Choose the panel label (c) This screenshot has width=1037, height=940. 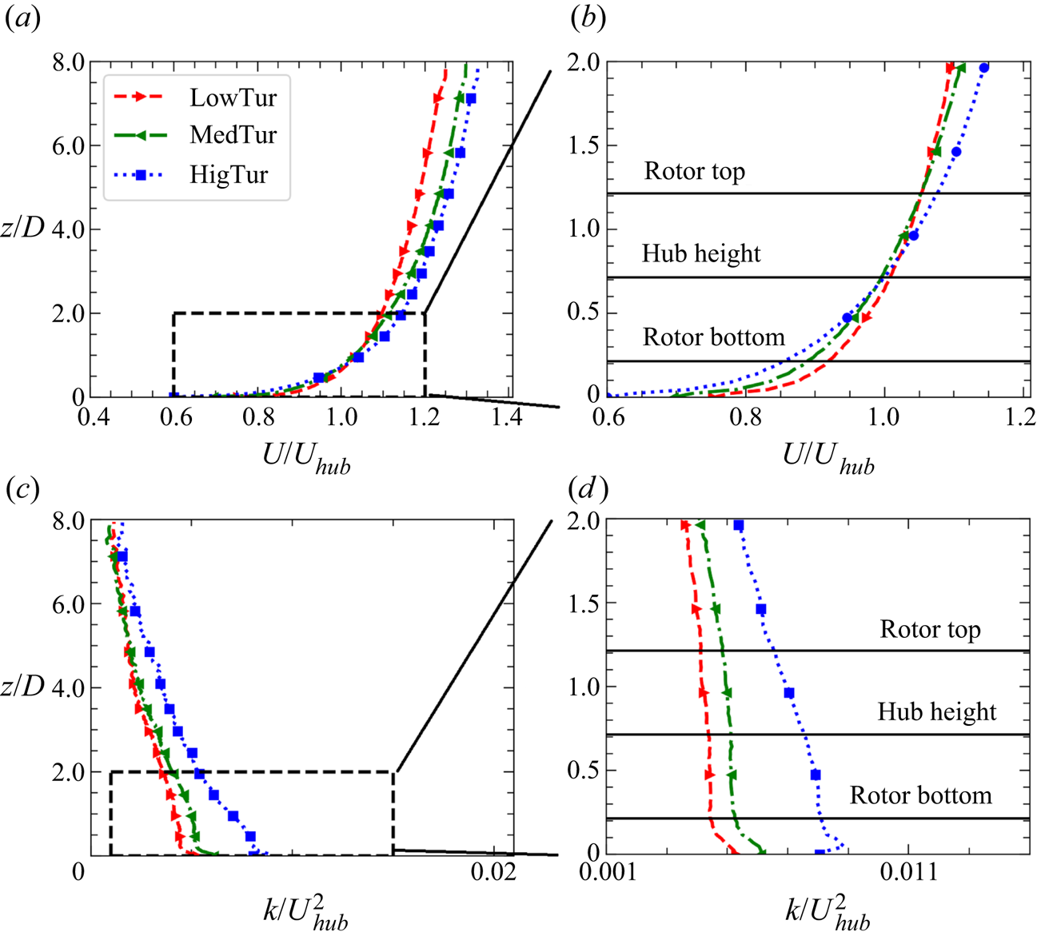[22, 488]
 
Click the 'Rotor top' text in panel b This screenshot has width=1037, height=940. [694, 171]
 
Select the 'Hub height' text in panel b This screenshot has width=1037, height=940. [701, 254]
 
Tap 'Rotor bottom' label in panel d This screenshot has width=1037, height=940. [920, 796]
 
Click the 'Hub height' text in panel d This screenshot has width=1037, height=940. [937, 712]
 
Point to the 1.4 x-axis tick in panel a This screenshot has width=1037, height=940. [505, 418]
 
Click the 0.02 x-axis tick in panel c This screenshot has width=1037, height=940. [493, 872]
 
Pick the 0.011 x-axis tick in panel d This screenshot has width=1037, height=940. [907, 872]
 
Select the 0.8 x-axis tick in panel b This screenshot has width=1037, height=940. [747, 417]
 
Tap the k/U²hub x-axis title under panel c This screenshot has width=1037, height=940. [305, 911]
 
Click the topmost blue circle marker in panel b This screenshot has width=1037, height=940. [984, 68]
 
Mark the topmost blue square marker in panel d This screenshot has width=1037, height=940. [739, 525]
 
